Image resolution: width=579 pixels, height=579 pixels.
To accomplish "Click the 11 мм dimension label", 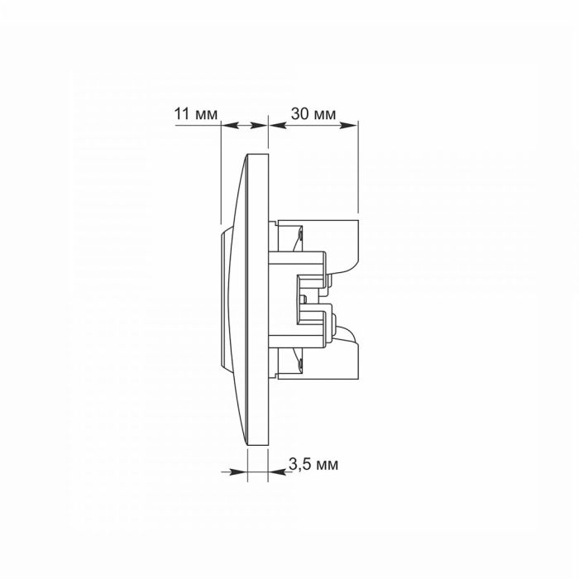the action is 196,114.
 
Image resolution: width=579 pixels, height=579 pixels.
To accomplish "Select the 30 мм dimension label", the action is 313,114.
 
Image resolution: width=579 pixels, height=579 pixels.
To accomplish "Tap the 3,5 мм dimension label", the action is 313,464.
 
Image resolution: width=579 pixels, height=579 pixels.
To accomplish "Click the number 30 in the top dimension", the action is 299,114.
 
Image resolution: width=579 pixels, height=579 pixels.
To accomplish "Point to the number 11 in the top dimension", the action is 182,114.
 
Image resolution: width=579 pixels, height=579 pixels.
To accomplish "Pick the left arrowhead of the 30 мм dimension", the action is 278,126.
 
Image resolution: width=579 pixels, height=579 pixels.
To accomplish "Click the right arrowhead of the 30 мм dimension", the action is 348,126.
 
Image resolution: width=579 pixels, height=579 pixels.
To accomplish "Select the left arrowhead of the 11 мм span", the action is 230,126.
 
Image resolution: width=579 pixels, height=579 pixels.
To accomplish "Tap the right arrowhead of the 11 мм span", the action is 258,126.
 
